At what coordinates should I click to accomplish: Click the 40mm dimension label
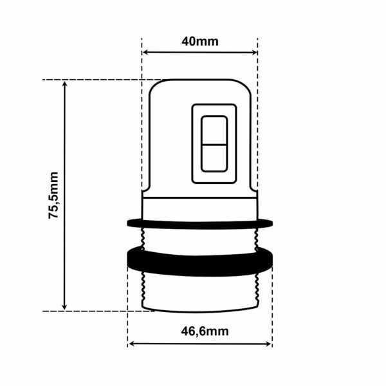click(x=200, y=42)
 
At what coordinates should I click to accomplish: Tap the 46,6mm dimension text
click(x=200, y=331)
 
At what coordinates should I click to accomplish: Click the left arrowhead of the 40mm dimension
click(x=145, y=53)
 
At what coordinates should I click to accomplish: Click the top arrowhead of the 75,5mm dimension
click(x=64, y=84)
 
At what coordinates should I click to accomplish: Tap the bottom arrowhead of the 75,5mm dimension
click(x=64, y=306)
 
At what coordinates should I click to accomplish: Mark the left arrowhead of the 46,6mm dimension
click(x=132, y=344)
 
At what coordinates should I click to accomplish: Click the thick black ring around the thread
click(x=200, y=262)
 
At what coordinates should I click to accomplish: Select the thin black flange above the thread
click(x=200, y=223)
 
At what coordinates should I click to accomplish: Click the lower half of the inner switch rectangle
click(x=214, y=158)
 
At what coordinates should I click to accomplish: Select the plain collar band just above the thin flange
click(x=200, y=208)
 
